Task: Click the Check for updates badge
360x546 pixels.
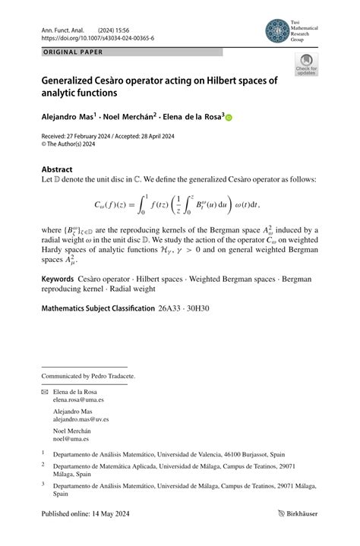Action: [306, 65]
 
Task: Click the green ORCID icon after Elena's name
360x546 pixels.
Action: [229, 118]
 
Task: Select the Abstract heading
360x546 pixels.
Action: [57, 169]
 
